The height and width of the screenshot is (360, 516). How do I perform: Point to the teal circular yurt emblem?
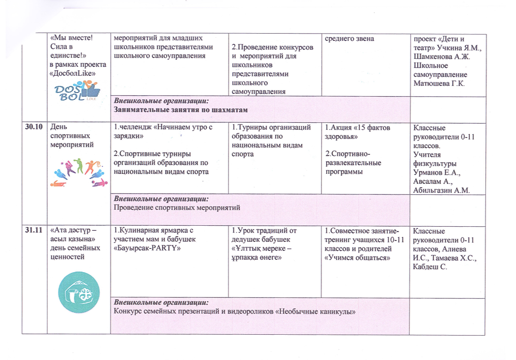pos(79,292)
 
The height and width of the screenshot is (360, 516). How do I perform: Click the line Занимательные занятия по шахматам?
pos(181,109)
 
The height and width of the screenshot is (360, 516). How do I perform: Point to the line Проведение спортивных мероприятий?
pos(177,208)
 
